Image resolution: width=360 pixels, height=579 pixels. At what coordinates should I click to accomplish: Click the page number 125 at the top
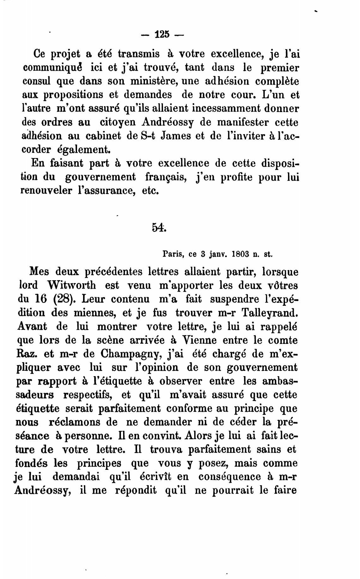click(x=162, y=34)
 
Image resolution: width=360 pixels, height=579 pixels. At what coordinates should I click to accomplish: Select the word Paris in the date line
click(x=173, y=253)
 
